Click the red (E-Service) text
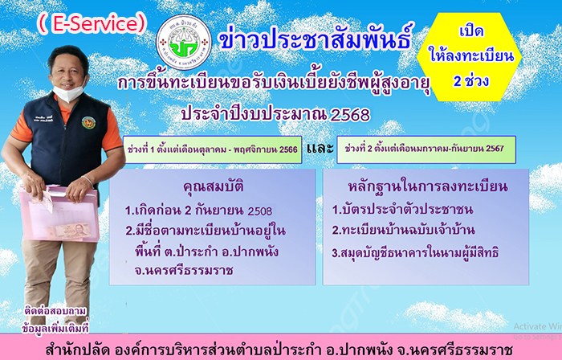(92, 23)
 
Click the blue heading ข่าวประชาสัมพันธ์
(316, 37)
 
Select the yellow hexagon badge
(470, 57)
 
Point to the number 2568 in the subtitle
(349, 116)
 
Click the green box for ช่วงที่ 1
(212, 149)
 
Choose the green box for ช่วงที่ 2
(426, 149)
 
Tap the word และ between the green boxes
(320, 148)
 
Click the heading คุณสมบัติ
(214, 186)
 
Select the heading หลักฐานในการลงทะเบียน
(428, 186)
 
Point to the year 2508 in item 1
(260, 211)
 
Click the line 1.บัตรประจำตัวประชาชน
(402, 209)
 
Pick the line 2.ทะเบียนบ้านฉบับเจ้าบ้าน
(403, 230)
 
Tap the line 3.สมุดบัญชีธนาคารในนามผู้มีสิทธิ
(415, 253)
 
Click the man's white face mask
(69, 92)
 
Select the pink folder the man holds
(59, 214)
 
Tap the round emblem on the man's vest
(88, 122)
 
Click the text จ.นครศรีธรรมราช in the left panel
(184, 270)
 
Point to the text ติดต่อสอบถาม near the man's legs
(55, 311)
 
